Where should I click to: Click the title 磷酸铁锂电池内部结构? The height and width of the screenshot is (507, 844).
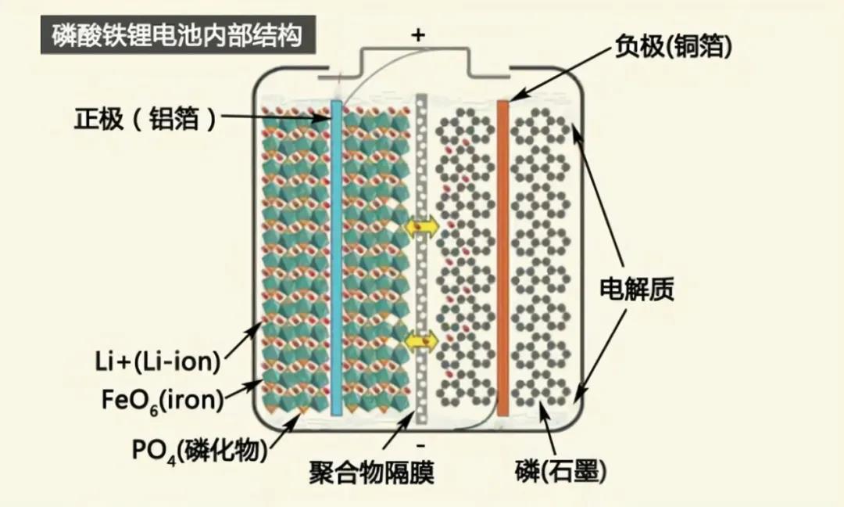coord(177,35)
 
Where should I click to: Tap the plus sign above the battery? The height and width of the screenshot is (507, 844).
coord(417,35)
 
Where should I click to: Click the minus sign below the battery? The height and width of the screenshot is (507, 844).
coord(420,445)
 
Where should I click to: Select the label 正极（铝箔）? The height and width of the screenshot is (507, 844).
coord(145,118)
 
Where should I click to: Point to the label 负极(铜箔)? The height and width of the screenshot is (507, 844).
coord(674,46)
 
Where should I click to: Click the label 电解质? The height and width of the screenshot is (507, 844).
coord(637,289)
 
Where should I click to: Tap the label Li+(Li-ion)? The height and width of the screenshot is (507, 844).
coord(157,361)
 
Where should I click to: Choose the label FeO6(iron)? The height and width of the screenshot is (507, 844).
coord(162,401)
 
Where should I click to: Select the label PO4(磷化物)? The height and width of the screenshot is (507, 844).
coord(200,450)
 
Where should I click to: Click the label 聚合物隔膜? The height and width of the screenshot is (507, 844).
coord(371,473)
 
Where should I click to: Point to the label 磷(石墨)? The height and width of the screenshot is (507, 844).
coord(560,471)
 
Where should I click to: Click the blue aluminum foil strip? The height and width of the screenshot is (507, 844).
coord(336,258)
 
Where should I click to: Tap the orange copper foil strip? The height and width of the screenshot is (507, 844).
coord(502,258)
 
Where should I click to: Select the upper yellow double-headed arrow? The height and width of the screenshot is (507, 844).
coord(421,227)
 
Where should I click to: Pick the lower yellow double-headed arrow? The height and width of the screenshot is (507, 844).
coord(421,340)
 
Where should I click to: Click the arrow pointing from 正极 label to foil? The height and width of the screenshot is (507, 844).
coord(275,117)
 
